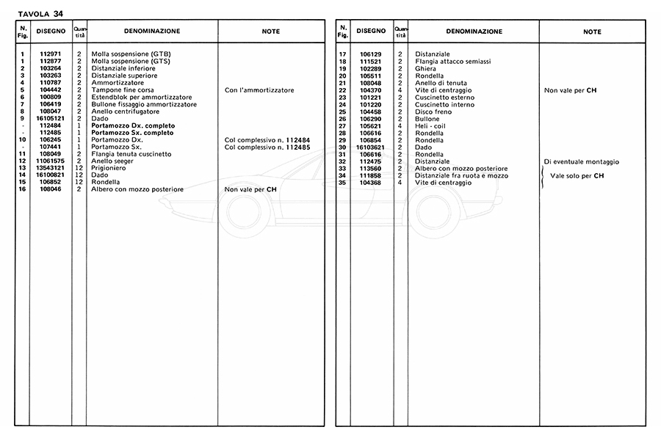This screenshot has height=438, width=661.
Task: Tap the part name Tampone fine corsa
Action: click(x=123, y=90)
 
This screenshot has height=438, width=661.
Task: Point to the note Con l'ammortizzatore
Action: click(x=259, y=90)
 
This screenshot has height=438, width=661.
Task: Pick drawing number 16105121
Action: click(x=50, y=119)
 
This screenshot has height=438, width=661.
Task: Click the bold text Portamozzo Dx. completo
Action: click(x=133, y=125)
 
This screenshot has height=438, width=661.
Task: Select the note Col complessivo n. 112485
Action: click(x=267, y=147)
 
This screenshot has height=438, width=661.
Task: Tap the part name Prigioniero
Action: click(x=109, y=168)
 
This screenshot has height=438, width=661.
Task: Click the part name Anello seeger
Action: click(x=112, y=161)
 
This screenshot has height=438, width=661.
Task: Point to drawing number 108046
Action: click(x=50, y=189)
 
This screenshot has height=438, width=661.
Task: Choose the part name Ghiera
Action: click(x=426, y=69)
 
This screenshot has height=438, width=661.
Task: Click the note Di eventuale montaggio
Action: click(x=582, y=161)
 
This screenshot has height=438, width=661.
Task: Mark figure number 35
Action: click(x=342, y=183)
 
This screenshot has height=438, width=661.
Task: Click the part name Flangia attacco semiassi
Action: click(x=452, y=62)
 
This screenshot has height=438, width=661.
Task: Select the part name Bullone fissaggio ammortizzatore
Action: click(x=144, y=104)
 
